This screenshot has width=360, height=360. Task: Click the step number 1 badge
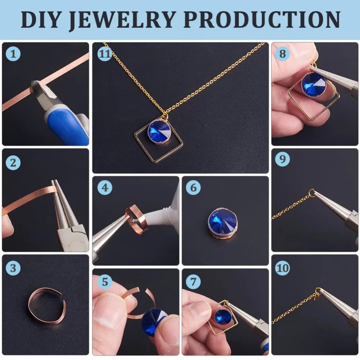13,54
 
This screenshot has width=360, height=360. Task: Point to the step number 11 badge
104,54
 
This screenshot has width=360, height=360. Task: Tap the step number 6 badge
193,188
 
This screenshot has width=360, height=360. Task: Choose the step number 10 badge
282,268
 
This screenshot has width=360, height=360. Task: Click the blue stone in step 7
222,316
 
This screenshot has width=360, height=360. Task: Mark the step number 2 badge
13,163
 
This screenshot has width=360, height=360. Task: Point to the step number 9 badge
282,159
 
